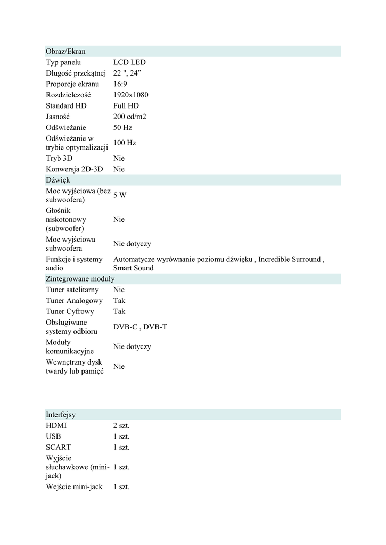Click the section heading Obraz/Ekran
tap(65, 52)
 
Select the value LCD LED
tap(129, 62)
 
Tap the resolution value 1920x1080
tap(130, 95)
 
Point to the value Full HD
tap(126, 106)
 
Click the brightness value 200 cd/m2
tap(129, 117)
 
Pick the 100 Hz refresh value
tap(125, 143)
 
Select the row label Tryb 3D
tap(59, 159)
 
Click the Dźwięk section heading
tap(58, 180)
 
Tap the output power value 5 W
tap(120, 195)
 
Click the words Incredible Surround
tap(290, 260)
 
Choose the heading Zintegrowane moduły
tap(80, 279)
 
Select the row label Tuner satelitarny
tap(72, 290)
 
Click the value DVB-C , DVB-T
tap(140, 327)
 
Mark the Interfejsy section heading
tap(60, 415)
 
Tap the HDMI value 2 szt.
tap(121, 426)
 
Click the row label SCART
tap(58, 448)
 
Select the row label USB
tap(53, 436)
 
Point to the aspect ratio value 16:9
tap(120, 84)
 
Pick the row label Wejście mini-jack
tap(74, 487)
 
